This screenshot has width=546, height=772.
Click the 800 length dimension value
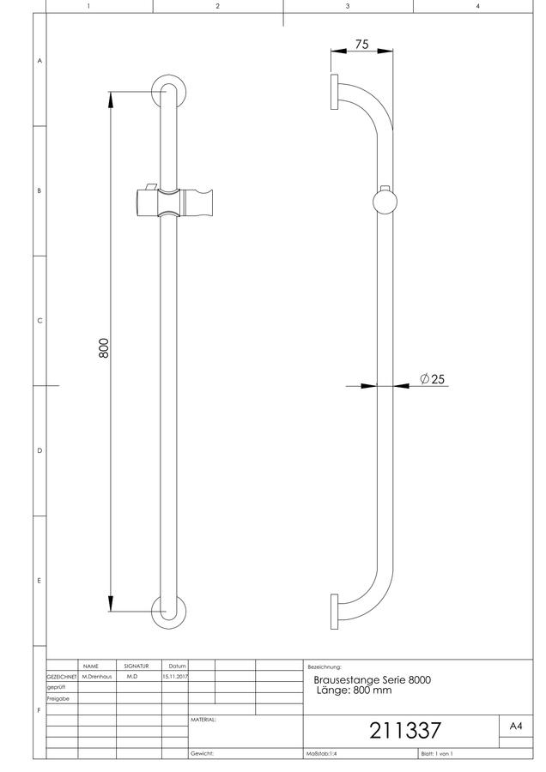pos(104,348)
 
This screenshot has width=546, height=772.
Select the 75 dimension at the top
pos(361,45)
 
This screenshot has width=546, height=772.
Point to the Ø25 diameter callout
pos(432,378)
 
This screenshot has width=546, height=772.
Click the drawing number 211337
pos(405,731)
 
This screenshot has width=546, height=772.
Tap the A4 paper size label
pos(516,727)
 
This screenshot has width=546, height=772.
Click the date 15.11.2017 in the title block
pos(175,677)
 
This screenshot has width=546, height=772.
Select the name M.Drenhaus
pos(97,677)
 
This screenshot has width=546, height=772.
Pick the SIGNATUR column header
pos(136,666)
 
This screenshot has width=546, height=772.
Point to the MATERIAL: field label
pos(203,720)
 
